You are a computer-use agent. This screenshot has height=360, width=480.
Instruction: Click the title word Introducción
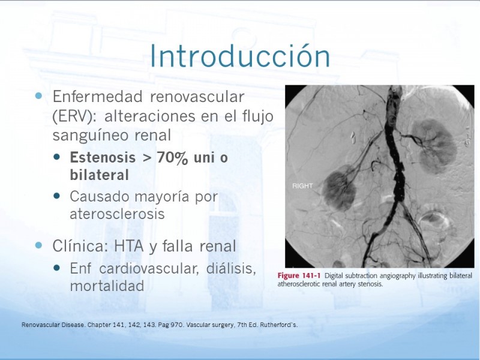pos(240,56)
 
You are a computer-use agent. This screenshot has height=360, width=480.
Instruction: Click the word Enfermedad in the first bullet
pos(98,97)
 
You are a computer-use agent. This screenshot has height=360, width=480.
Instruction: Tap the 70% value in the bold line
pos(172,158)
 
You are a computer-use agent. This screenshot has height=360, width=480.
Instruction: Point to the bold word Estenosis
pos(103,158)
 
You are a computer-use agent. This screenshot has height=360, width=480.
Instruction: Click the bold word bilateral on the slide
pos(99,175)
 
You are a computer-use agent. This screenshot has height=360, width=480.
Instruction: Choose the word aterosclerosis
pos(117,214)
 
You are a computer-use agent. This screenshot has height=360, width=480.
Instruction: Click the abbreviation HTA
pos(128,246)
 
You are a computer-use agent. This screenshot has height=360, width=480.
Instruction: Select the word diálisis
pos(231,268)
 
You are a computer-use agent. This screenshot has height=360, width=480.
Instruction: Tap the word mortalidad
pos(107,286)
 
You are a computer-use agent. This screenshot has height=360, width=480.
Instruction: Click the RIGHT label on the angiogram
pos(302,186)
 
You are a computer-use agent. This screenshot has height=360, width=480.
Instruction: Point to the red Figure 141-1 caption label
pos(299,275)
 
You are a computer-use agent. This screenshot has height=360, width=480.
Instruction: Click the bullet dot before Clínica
pos(38,245)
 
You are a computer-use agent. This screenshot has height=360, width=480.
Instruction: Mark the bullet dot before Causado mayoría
pos(56,196)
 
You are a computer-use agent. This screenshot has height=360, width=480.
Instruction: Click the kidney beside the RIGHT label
pos(339,187)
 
